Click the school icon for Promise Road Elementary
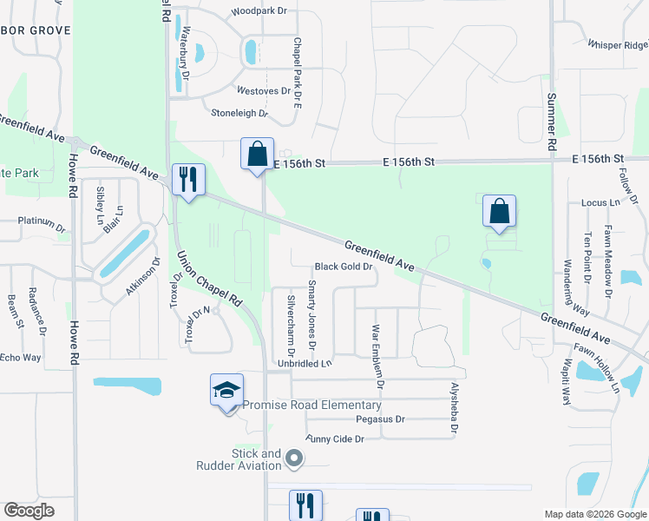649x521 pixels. (x=226, y=390)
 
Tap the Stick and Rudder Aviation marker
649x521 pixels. (x=294, y=458)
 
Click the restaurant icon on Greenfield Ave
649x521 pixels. (x=188, y=180)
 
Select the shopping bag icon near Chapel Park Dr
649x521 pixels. (x=257, y=155)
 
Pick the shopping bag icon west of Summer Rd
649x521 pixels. (x=500, y=211)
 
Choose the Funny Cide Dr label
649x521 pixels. (x=334, y=439)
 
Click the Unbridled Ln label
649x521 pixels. (x=305, y=364)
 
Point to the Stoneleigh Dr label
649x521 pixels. (x=239, y=113)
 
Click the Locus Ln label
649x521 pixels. (x=601, y=202)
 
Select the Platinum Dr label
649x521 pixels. (x=43, y=221)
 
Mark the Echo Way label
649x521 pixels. (x=21, y=358)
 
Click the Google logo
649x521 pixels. (x=29, y=510)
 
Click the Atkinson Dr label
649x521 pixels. (x=144, y=275)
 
